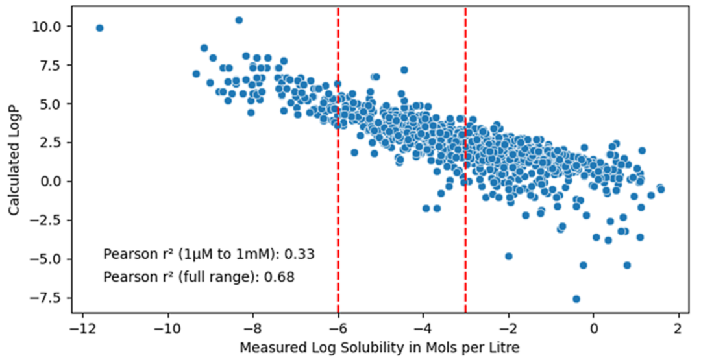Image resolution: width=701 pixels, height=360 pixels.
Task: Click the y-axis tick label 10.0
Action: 49,27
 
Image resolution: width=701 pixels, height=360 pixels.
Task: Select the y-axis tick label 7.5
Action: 52,66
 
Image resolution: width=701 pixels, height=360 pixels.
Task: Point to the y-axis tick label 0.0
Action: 52,182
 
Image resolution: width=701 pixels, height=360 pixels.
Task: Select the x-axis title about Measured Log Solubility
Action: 379,348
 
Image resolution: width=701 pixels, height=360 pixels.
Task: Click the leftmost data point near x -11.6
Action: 99,28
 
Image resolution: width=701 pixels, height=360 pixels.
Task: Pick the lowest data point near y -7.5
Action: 576,299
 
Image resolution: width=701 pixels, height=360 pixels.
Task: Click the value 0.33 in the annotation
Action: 302,254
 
